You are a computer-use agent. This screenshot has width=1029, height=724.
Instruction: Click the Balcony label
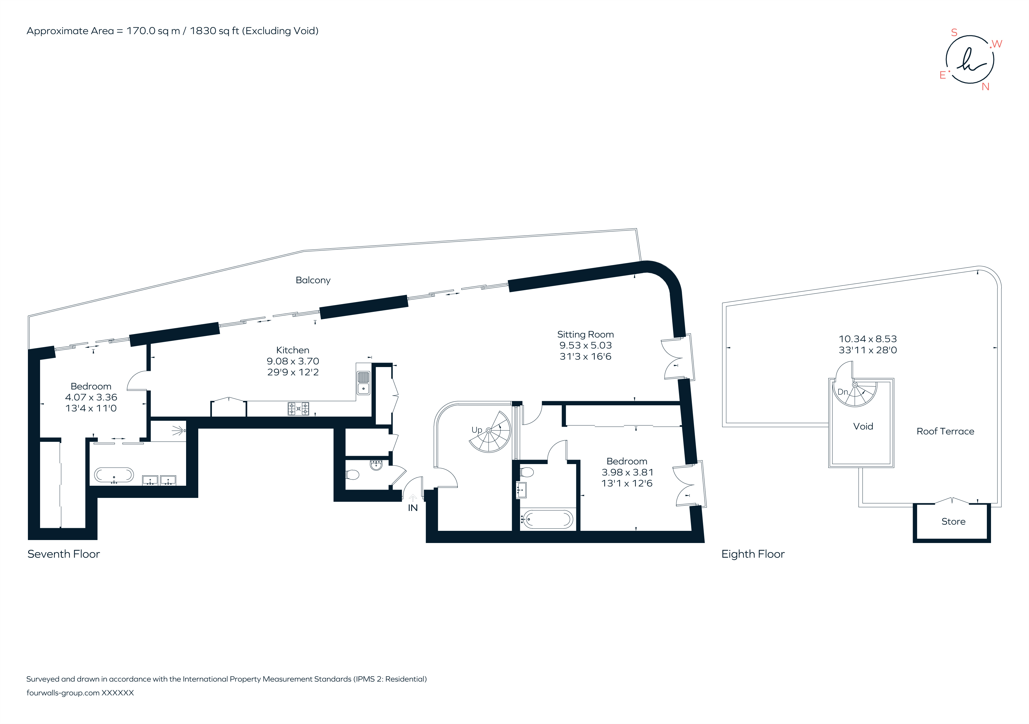[x=313, y=280]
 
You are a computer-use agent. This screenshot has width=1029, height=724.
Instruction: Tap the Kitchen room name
[x=293, y=350]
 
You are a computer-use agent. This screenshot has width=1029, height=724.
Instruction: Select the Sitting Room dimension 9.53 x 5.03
[x=585, y=345]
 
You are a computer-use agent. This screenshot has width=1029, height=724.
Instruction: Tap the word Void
[x=863, y=426]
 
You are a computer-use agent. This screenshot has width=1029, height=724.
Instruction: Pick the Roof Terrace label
[x=945, y=431]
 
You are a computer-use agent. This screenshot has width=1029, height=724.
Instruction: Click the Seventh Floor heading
[x=64, y=554]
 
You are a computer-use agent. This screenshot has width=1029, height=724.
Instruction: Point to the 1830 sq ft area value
[x=214, y=31]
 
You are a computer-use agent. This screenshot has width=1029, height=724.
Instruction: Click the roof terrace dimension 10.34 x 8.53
[x=868, y=339]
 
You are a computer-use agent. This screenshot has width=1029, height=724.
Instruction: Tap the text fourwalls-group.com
[x=63, y=693]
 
